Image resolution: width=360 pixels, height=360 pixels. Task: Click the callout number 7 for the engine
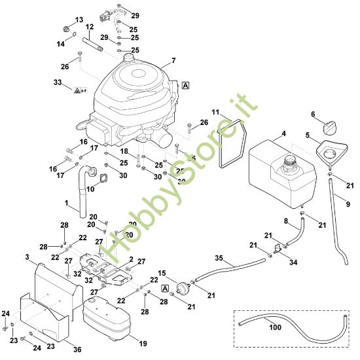pyautogui.click(x=173, y=61)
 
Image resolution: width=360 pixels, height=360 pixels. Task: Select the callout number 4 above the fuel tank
pyautogui.click(x=283, y=134)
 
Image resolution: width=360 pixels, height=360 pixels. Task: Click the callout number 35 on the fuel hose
pyautogui.click(x=219, y=259)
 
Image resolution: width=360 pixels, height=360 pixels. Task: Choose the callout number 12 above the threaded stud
pyautogui.click(x=90, y=26)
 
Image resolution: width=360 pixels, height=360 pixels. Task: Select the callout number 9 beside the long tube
pyautogui.click(x=347, y=204)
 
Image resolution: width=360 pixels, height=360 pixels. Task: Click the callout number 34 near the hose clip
pyautogui.click(x=292, y=262)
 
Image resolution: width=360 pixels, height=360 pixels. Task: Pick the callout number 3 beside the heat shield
pyautogui.click(x=26, y=256)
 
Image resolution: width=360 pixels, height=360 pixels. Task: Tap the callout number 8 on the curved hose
pyautogui.click(x=285, y=221)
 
